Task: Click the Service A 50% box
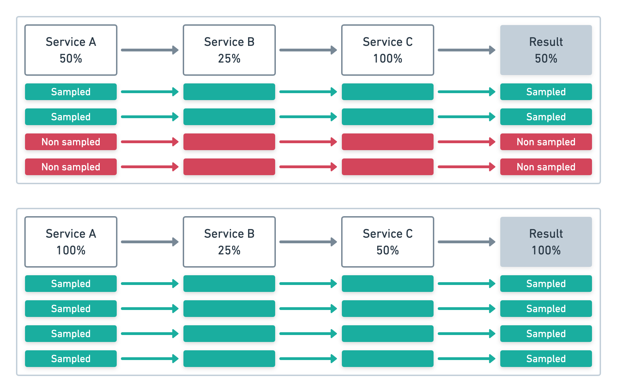[x=71, y=50]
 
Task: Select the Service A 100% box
[x=71, y=242]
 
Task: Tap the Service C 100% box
[x=387, y=50]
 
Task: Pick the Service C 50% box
[x=387, y=242]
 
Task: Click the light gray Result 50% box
[x=546, y=50]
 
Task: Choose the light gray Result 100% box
[x=546, y=242]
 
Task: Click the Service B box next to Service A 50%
[x=229, y=50]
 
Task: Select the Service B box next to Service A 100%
[x=229, y=242]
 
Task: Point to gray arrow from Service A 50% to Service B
[x=149, y=50]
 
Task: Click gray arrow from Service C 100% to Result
[x=466, y=50]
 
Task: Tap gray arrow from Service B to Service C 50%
[x=308, y=242]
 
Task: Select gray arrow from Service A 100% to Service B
[x=149, y=242]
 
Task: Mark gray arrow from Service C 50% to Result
[x=466, y=242]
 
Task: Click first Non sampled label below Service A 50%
[x=71, y=142]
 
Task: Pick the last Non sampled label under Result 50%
[x=546, y=167]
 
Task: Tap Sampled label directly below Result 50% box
[x=546, y=92]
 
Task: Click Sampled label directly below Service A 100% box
[x=71, y=284]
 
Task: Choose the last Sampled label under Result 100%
[x=546, y=359]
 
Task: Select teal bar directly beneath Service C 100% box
[x=387, y=92]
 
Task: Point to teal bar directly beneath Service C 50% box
[x=387, y=284]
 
